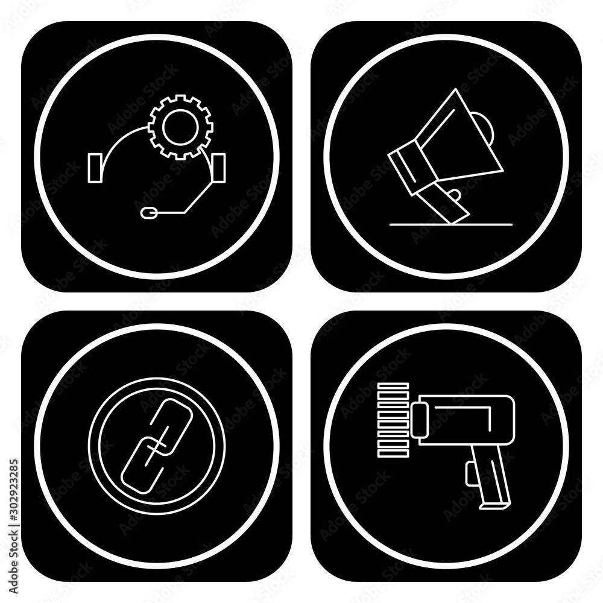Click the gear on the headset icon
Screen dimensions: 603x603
(x=180, y=127)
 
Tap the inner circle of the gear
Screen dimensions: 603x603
(x=180, y=127)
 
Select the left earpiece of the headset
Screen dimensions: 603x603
(x=95, y=168)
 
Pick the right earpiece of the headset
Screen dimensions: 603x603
(x=218, y=168)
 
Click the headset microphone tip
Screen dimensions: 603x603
(x=149, y=212)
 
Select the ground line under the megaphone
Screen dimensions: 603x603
(x=450, y=224)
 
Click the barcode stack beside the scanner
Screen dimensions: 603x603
(x=393, y=420)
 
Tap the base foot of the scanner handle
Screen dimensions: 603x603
(x=494, y=506)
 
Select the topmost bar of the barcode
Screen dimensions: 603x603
(x=393, y=386)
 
